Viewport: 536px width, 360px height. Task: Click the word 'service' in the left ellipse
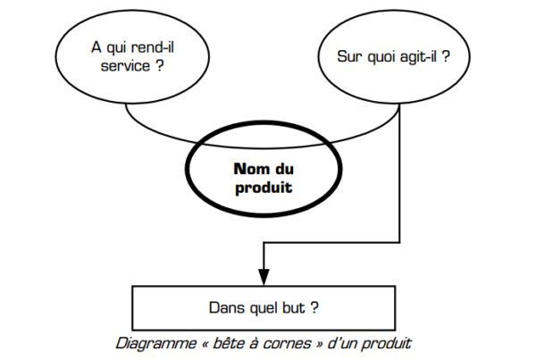tap(125, 65)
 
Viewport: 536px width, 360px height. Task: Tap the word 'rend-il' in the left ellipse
tap(153, 47)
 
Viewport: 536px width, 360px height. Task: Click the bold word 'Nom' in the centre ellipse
tap(251, 169)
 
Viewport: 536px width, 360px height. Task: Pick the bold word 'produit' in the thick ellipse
tap(264, 188)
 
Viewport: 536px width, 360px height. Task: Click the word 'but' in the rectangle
tap(293, 307)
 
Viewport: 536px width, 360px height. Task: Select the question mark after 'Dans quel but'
tap(314, 307)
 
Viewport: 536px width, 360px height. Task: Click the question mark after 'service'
tap(160, 65)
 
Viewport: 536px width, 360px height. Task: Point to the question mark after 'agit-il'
tap(446, 56)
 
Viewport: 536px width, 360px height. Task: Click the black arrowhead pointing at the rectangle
tap(264, 277)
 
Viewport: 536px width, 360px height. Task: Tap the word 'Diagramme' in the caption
tap(155, 344)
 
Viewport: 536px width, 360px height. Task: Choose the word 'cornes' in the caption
tap(287, 344)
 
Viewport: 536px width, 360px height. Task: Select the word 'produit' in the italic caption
tap(386, 344)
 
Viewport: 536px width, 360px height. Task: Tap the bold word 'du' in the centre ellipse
tap(284, 169)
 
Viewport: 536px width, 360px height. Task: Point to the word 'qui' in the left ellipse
tap(116, 48)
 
